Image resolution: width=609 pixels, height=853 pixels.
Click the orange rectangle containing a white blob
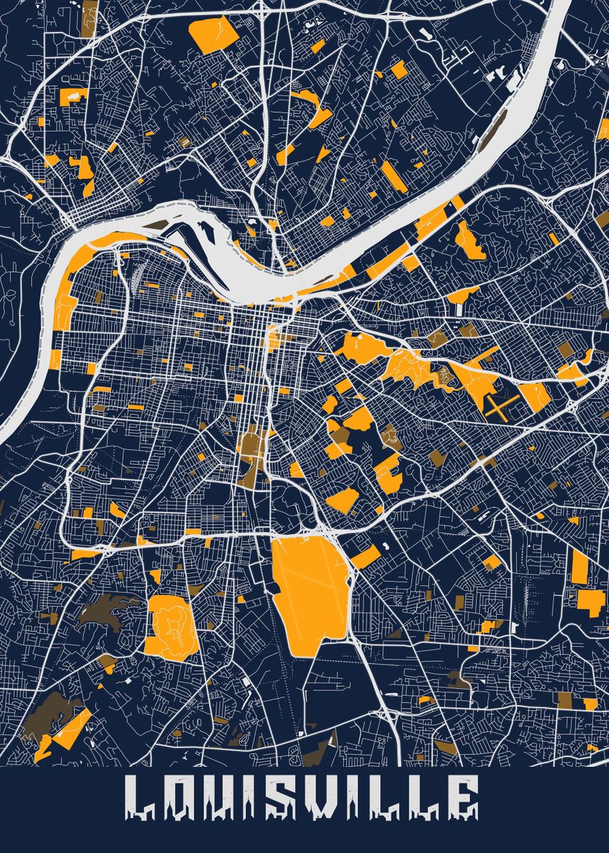click(215, 33)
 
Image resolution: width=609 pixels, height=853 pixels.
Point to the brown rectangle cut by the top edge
click(90, 14)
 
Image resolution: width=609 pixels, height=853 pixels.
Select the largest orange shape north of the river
click(215, 33)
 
